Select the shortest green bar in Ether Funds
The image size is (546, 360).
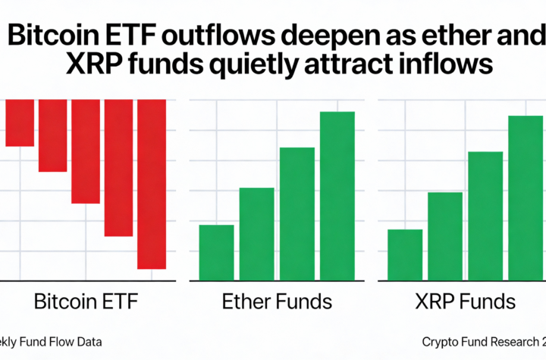tap(216, 252)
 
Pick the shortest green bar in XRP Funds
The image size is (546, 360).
tap(405, 255)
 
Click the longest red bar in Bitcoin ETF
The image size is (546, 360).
tap(152, 184)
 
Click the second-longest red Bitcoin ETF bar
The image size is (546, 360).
tap(119, 167)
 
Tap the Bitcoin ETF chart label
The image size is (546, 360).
tap(87, 302)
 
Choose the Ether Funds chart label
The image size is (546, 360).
tap(277, 302)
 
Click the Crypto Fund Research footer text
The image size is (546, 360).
tap(482, 342)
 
